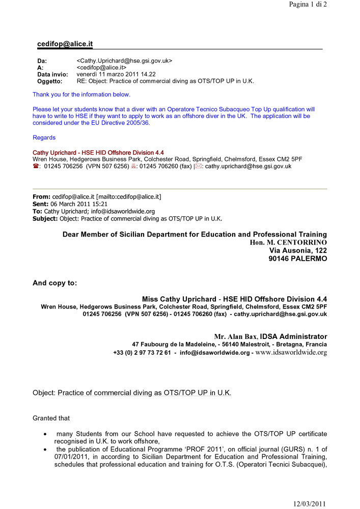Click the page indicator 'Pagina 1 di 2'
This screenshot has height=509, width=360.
308,5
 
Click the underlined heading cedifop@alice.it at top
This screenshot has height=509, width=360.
65,44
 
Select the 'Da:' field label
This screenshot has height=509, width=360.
42,61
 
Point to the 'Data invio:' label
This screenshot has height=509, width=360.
52,74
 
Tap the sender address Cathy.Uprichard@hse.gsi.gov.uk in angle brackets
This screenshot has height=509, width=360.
124,61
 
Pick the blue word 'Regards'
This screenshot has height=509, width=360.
44,137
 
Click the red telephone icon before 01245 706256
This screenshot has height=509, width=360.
36,166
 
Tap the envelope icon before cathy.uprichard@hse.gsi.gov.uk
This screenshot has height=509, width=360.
199,166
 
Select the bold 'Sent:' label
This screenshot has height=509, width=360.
41,204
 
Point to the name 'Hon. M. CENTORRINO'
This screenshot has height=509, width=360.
288,243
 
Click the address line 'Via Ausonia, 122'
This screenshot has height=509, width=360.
298,250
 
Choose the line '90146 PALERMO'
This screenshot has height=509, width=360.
298,259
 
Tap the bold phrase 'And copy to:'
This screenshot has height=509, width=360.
55,283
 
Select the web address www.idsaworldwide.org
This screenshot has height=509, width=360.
291,352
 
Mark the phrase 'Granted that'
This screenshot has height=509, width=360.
51,418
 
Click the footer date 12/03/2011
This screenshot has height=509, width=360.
309,504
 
